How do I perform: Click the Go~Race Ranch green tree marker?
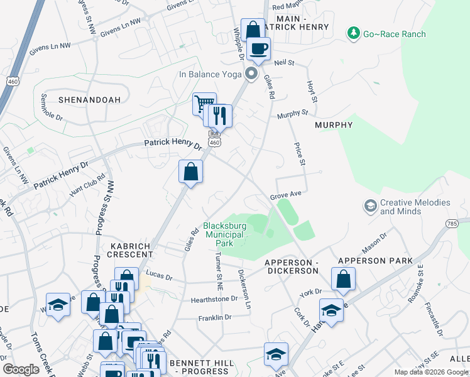pos(354,33)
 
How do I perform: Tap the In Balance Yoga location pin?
pos(251,74)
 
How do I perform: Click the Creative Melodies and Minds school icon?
pos(371,206)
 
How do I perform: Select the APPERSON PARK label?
pos(375,260)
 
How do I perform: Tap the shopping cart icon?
pos(204,103)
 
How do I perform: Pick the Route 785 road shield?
pos(452,223)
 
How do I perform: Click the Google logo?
pos(21,369)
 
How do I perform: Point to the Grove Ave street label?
pos(286,195)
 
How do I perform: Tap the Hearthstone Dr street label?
pos(214,299)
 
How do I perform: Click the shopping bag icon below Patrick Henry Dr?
pos(190,171)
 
